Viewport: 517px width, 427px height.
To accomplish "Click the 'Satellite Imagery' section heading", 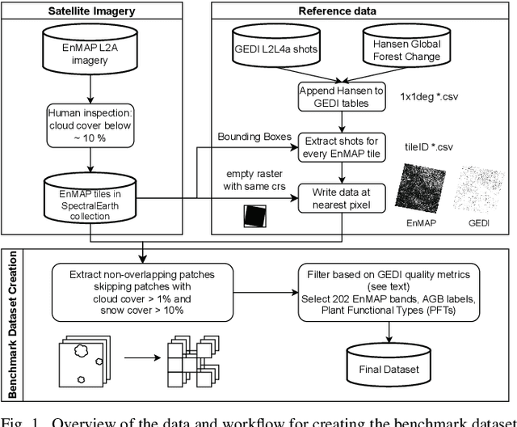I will [x=90, y=11].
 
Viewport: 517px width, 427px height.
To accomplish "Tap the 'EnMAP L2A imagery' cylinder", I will [x=90, y=51].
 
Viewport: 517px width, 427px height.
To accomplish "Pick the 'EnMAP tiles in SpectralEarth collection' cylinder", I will [x=90, y=203].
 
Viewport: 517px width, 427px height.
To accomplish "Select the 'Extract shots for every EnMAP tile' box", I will [x=338, y=146].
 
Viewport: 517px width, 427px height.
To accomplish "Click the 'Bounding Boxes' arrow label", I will [x=254, y=137].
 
